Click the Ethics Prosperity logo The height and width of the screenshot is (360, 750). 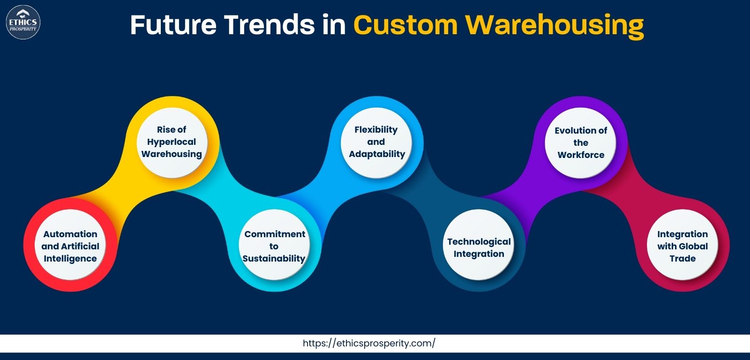[x=23, y=22]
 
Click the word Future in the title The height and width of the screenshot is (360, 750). [x=173, y=25]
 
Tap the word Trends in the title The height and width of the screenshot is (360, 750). [x=270, y=25]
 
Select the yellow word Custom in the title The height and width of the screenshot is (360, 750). [x=405, y=25]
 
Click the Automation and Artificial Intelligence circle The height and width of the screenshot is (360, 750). [x=70, y=245]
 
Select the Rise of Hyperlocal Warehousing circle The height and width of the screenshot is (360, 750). [x=172, y=142]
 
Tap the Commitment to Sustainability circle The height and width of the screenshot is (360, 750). [x=274, y=245]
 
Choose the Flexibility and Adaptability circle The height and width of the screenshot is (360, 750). [x=376, y=142]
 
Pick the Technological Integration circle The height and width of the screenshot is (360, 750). [x=479, y=245]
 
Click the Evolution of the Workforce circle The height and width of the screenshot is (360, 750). [x=581, y=142]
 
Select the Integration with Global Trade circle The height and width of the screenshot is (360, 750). [x=682, y=245]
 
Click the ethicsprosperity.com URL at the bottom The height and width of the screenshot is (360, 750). [x=369, y=343]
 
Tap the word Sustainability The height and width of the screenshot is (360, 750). [x=274, y=259]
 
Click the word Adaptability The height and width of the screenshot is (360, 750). [x=377, y=154]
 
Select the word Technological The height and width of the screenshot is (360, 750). [x=479, y=242]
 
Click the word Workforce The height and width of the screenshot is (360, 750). [x=581, y=155]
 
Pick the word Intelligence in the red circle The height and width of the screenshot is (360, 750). [x=70, y=259]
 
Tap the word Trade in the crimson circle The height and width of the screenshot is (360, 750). [x=682, y=259]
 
